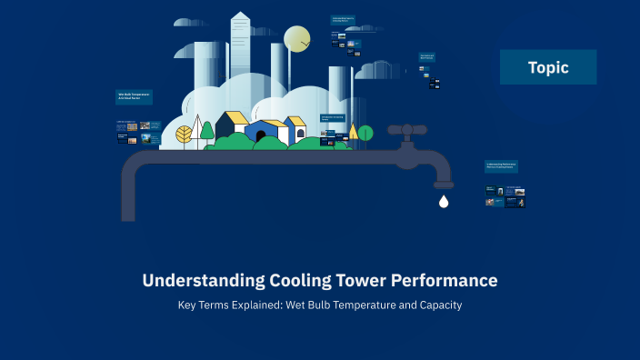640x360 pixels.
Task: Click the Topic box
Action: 547,67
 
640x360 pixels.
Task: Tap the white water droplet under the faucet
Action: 444,202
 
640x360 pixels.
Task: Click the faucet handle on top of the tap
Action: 407,131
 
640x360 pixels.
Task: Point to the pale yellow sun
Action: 297,39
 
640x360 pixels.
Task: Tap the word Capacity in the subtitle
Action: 440,305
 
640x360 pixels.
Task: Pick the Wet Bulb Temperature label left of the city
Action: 134,96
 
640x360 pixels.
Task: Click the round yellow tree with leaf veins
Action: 184,135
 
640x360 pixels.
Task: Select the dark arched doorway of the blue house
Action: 261,136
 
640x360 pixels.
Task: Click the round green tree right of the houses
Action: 365,133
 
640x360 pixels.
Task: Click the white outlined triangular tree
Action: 196,130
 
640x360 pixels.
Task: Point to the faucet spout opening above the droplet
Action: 444,185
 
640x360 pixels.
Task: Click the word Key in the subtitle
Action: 187,305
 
